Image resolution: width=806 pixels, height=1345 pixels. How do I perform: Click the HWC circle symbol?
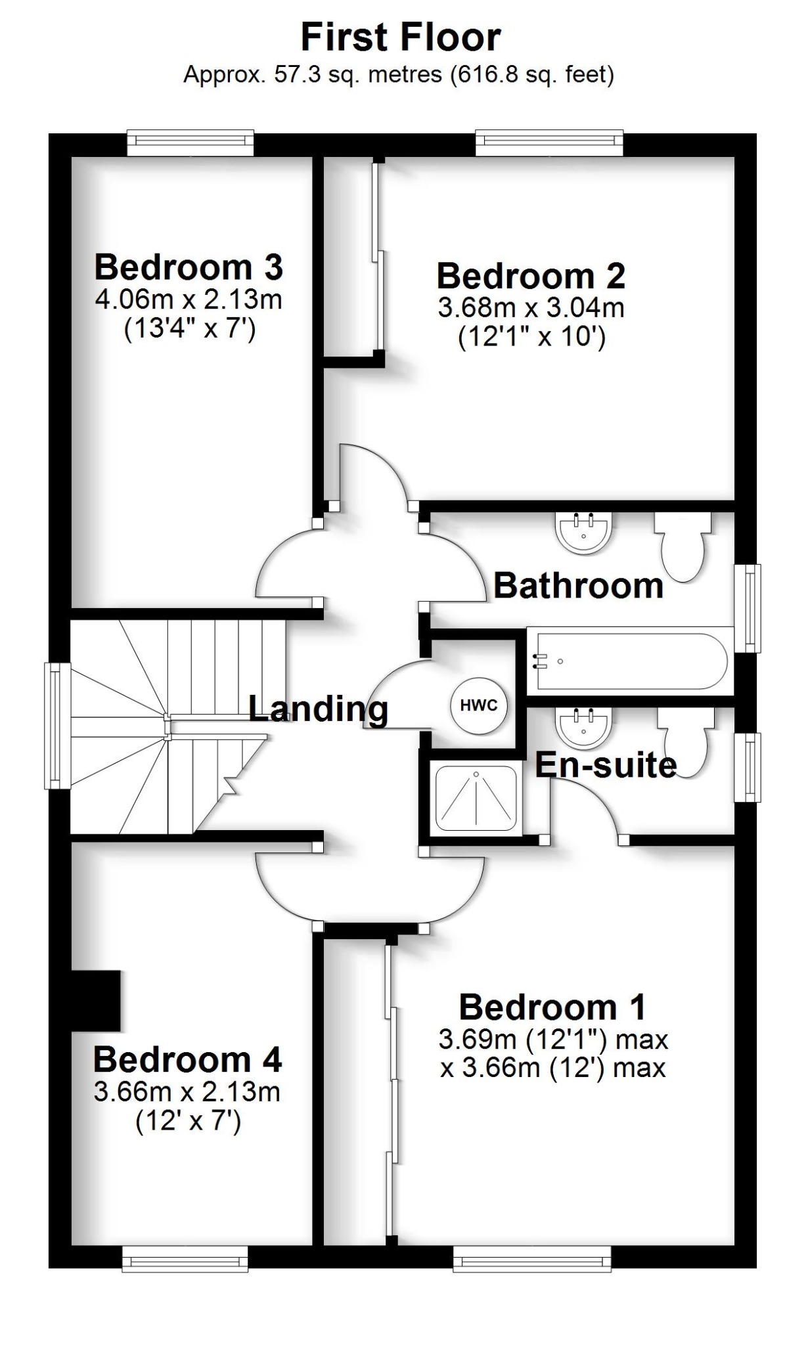click(479, 706)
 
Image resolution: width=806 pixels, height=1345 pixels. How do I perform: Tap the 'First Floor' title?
click(401, 37)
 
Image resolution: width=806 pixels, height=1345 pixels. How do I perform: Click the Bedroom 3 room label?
click(189, 267)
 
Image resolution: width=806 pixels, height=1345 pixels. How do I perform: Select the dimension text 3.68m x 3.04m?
click(531, 307)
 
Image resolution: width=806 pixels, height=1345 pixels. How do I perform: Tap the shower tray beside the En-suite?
click(476, 800)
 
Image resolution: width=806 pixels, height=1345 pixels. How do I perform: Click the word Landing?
click(319, 709)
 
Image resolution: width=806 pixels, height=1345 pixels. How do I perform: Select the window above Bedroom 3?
click(190, 142)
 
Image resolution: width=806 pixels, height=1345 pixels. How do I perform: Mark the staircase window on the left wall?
click(58, 725)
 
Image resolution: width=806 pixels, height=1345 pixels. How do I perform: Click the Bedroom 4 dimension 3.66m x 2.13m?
click(187, 1091)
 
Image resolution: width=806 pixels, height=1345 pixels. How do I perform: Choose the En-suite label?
click(605, 765)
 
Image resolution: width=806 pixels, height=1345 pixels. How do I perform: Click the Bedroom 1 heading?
click(552, 1007)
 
